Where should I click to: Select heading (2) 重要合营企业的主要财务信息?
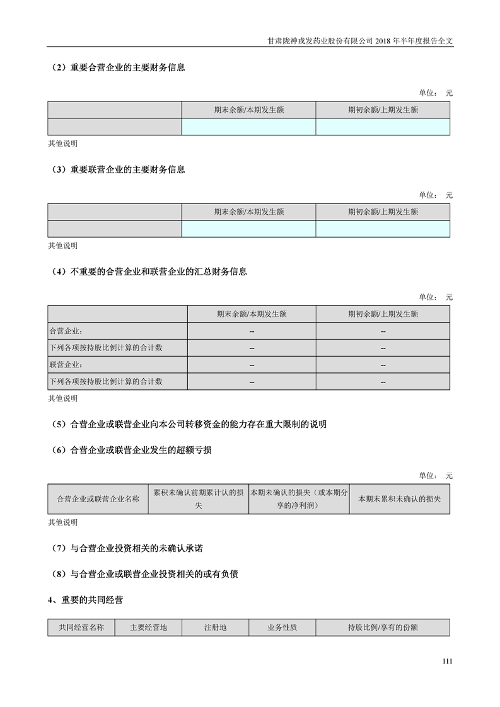point(119,67)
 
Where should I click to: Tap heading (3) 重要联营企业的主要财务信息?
point(119,170)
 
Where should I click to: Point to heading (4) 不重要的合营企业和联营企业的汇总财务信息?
point(149,272)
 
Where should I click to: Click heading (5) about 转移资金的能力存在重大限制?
point(189,424)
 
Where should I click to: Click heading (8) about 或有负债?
point(145,574)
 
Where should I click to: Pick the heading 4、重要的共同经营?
point(85,600)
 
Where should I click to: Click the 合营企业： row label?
point(66,331)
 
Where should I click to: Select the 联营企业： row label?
point(66,365)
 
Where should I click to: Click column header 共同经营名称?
point(81,628)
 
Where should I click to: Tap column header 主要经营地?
point(148,628)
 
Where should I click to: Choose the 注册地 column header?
point(215,628)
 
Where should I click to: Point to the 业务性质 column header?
point(282,628)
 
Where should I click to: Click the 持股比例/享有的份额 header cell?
point(383,628)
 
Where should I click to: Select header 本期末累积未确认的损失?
point(399,499)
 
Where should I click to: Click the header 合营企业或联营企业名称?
point(98,499)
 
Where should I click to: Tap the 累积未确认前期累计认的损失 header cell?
point(199,499)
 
